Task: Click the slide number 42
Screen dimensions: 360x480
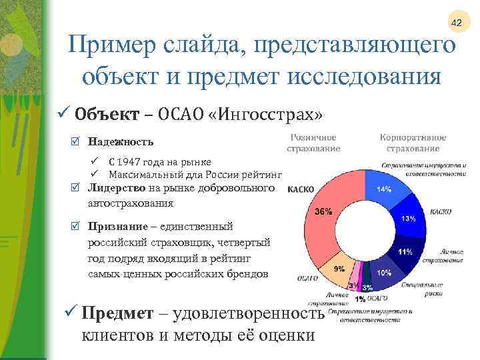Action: (457, 23)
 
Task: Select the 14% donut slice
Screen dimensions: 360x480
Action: (385, 190)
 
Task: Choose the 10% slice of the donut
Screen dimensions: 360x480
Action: (384, 273)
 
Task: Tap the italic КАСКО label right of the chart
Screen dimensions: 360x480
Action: (441, 212)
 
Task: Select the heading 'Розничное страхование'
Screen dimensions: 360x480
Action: (313, 143)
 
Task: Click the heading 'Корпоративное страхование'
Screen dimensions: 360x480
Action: (413, 143)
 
